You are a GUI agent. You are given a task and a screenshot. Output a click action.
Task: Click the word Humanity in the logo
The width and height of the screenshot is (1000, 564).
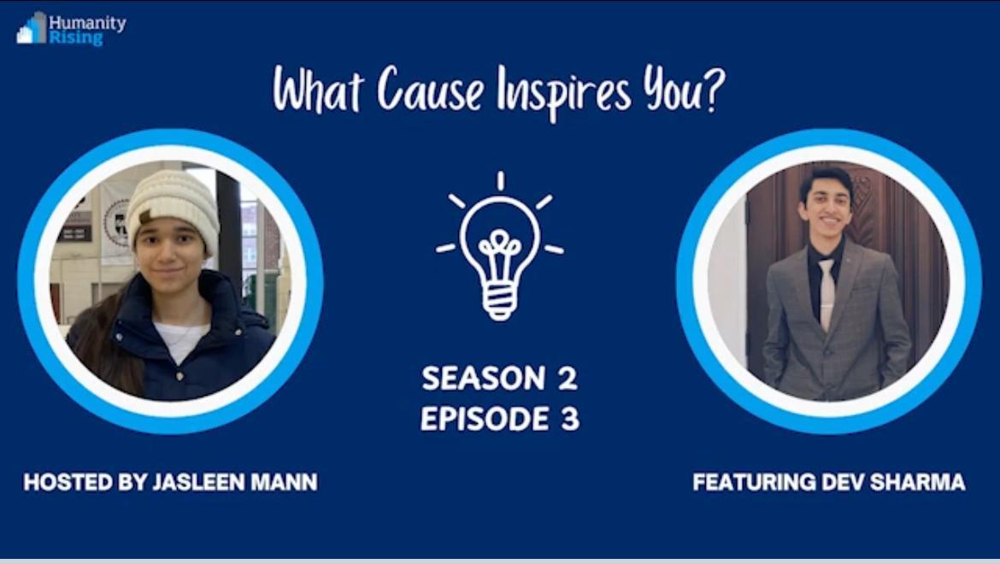point(87,24)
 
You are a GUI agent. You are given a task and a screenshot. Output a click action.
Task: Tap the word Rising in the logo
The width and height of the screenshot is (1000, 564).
point(76,38)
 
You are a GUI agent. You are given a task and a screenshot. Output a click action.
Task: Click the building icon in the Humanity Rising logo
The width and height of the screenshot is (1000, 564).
point(32,28)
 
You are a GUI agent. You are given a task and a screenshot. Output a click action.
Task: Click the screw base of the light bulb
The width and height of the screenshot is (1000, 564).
point(500,303)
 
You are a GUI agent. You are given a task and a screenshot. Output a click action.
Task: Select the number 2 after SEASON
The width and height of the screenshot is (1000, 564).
point(568,378)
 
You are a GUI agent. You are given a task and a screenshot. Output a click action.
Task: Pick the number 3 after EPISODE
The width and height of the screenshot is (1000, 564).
point(570,419)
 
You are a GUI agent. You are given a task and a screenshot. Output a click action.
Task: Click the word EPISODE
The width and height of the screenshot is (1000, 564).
point(485,419)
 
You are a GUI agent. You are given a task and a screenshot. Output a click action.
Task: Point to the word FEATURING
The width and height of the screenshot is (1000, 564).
point(755,482)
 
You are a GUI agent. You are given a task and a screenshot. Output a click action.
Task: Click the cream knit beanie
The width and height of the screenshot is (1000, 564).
point(172,209)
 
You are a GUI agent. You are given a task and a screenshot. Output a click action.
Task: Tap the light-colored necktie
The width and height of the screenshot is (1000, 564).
point(826,293)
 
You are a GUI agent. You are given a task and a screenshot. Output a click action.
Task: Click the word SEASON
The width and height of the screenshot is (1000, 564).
point(484,378)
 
